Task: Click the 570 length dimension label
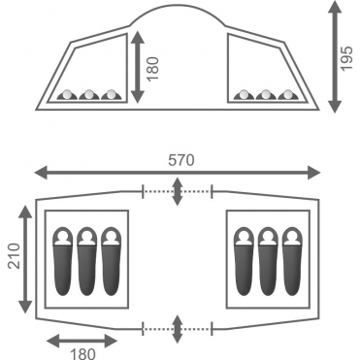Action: point(181,160)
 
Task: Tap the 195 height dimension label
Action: point(346,58)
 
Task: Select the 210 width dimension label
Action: point(15,256)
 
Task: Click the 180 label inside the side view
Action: point(153,69)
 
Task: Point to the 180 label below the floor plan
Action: point(82,353)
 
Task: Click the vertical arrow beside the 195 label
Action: point(335,56)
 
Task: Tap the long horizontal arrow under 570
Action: point(178,173)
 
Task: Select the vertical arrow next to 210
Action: point(25,259)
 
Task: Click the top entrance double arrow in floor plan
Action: point(177,191)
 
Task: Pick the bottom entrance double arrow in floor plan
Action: point(177,329)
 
